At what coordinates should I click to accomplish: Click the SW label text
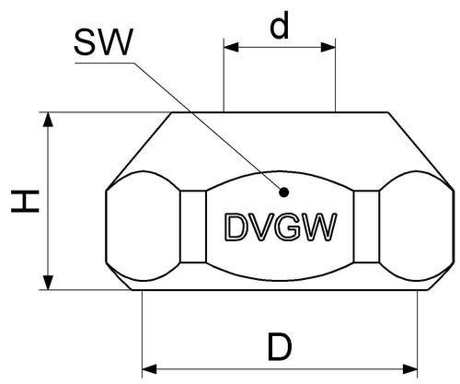coord(104,42)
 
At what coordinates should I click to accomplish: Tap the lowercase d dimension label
coord(280,25)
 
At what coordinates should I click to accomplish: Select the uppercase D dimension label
coord(280,347)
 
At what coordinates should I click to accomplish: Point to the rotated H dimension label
coord(25,201)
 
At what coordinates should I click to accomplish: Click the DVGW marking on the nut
coord(281,227)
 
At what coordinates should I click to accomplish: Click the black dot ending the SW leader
coord(284,192)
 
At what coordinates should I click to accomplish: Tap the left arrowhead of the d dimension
coord(231,47)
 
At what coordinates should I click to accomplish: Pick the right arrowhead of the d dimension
coord(328,47)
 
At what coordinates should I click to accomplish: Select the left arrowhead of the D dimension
coord(150,368)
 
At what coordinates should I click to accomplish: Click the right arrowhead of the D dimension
coord(410,368)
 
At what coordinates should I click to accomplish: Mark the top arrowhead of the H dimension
coord(48,120)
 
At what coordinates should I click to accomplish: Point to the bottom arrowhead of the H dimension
coord(48,283)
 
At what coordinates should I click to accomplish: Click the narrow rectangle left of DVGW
coord(193,227)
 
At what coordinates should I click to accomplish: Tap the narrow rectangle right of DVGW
coord(366,227)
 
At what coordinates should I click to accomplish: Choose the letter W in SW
coord(116,42)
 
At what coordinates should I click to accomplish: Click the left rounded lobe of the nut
coord(143,227)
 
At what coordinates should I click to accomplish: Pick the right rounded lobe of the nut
coord(417,227)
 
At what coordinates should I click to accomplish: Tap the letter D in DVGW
coord(236,227)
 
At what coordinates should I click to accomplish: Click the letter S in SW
coord(86,42)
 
